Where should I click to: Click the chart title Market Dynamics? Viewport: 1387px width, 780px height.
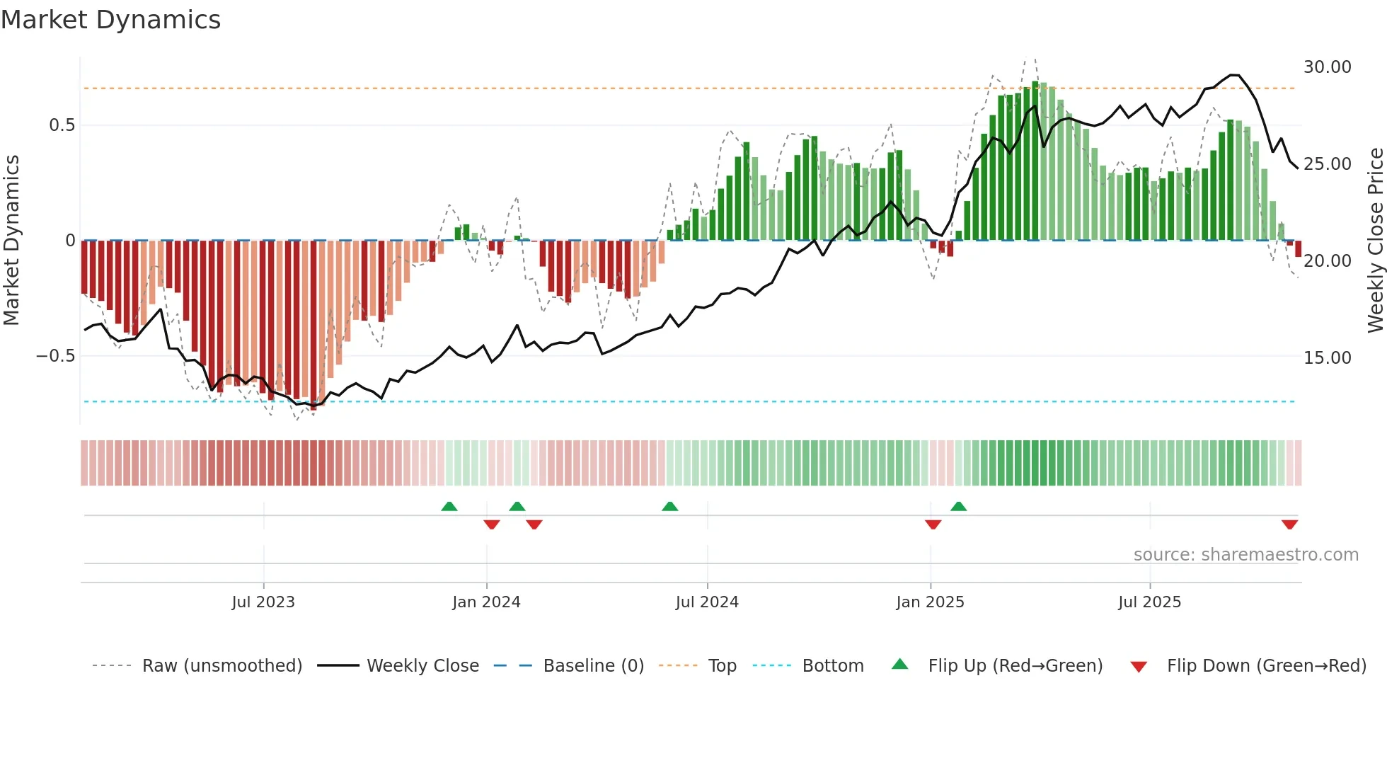(111, 20)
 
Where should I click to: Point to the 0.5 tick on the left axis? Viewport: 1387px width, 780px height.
(62, 125)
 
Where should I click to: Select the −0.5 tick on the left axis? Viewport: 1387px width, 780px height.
(56, 356)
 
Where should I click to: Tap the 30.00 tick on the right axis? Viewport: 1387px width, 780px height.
(1327, 67)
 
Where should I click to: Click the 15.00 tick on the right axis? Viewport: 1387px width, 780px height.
(1327, 358)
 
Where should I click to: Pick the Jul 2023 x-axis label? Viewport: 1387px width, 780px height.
(263, 602)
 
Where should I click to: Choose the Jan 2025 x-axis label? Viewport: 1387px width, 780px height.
(930, 602)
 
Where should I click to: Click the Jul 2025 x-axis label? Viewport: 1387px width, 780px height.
(1149, 602)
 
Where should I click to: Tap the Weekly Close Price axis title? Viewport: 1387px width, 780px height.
(1375, 241)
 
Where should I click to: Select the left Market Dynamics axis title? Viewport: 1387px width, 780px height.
(12, 241)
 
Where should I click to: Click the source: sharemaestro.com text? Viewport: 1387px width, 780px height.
(1245, 555)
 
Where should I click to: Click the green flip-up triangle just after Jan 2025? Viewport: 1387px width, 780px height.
(959, 507)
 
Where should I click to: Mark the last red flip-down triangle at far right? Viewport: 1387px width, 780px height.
(1289, 524)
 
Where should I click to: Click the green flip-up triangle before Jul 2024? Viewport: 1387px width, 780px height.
(669, 507)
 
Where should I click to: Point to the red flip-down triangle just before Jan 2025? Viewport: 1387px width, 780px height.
(933, 524)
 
